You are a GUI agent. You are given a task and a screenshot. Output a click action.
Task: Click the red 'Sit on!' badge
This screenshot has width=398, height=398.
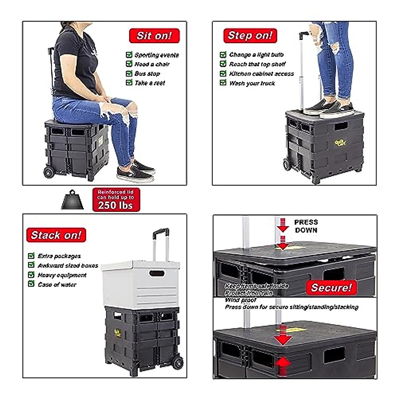click(154, 36)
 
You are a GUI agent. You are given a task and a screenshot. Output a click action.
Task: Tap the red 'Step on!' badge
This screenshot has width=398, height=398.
click(250, 35)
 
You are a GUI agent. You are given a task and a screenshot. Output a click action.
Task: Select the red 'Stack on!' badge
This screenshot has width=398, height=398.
click(56, 235)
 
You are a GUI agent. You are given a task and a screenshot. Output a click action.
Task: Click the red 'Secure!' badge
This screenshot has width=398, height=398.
click(331, 288)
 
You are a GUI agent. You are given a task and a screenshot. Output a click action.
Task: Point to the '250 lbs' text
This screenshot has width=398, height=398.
click(115, 205)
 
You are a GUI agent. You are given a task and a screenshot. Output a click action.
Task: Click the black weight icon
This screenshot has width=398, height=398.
click(73, 200)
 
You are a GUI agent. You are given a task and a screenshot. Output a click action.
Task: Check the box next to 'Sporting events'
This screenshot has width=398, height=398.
click(129, 55)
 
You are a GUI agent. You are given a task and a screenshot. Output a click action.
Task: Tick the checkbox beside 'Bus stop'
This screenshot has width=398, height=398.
click(129, 73)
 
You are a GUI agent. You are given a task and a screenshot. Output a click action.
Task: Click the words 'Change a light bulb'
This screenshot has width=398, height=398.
click(256, 55)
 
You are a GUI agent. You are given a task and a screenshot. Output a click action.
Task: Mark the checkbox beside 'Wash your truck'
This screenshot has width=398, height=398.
click(223, 83)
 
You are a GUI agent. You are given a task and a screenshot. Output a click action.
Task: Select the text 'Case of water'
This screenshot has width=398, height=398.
click(57, 285)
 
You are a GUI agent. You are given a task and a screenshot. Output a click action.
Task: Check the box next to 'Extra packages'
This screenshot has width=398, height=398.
click(31, 256)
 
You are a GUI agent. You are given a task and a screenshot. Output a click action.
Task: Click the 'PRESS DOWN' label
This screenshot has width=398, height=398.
click(306, 226)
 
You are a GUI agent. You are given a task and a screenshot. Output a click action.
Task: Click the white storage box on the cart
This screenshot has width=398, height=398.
click(141, 284)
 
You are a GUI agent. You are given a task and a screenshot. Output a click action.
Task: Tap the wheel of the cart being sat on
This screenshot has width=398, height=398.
click(49, 172)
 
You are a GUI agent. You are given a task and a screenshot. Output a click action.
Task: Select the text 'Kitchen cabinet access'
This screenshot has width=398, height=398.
click(261, 74)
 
